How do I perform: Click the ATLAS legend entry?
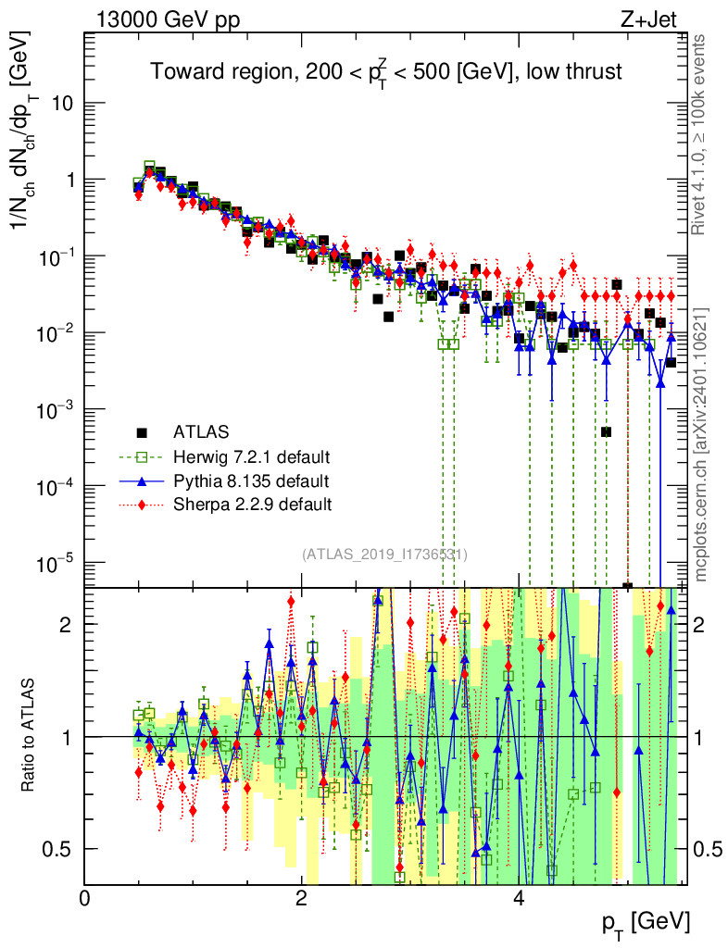tap(200, 431)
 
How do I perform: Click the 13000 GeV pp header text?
tap(166, 18)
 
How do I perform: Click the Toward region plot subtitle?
tap(386, 72)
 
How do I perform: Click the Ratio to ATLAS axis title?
tap(30, 735)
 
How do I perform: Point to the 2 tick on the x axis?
tap(301, 898)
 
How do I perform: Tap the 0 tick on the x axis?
tap(84, 898)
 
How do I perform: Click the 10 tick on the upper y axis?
tap(63, 103)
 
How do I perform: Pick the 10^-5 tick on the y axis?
tap(57, 562)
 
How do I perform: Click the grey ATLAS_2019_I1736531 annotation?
tap(384, 555)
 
